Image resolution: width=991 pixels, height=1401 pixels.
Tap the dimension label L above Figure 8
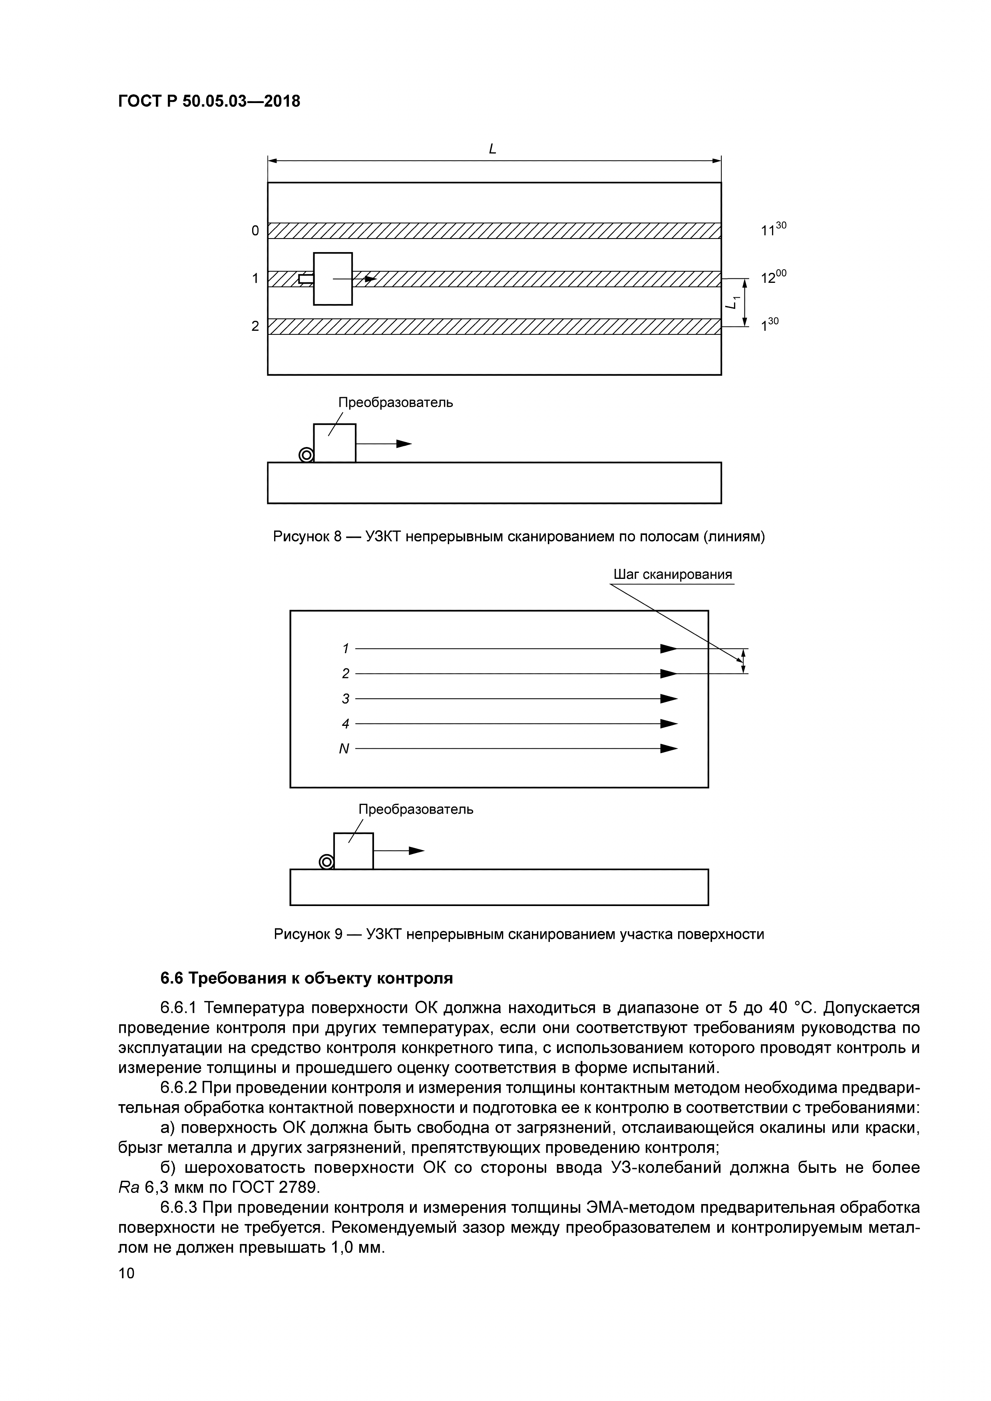[492, 148]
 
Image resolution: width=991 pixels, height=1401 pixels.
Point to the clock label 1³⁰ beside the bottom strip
[770, 325]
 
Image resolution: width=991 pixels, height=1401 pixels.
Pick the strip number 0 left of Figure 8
[255, 231]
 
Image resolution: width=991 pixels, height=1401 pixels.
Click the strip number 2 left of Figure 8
[255, 326]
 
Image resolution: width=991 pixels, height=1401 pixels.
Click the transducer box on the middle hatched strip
[332, 278]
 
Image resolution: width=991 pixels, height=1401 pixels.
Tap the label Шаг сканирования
[673, 574]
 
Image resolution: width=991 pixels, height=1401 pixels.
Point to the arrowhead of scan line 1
[669, 649]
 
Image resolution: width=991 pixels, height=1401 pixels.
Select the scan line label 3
[345, 699]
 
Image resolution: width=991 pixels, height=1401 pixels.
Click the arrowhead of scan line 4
[669, 724]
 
